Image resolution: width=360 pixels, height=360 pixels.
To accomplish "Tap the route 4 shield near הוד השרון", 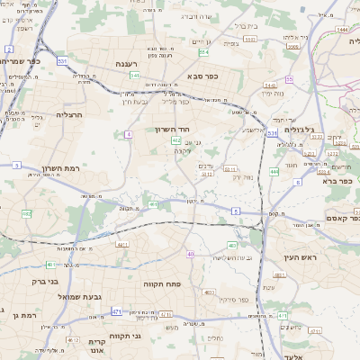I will [129, 133].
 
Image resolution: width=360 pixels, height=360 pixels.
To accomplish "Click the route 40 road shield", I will [190, 254].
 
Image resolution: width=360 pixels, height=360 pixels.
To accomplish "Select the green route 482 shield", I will [26, 213].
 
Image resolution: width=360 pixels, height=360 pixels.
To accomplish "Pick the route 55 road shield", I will [289, 79].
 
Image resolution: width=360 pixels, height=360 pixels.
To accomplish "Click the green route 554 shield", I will [204, 52].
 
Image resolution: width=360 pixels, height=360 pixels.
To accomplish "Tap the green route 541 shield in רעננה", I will [134, 76].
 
